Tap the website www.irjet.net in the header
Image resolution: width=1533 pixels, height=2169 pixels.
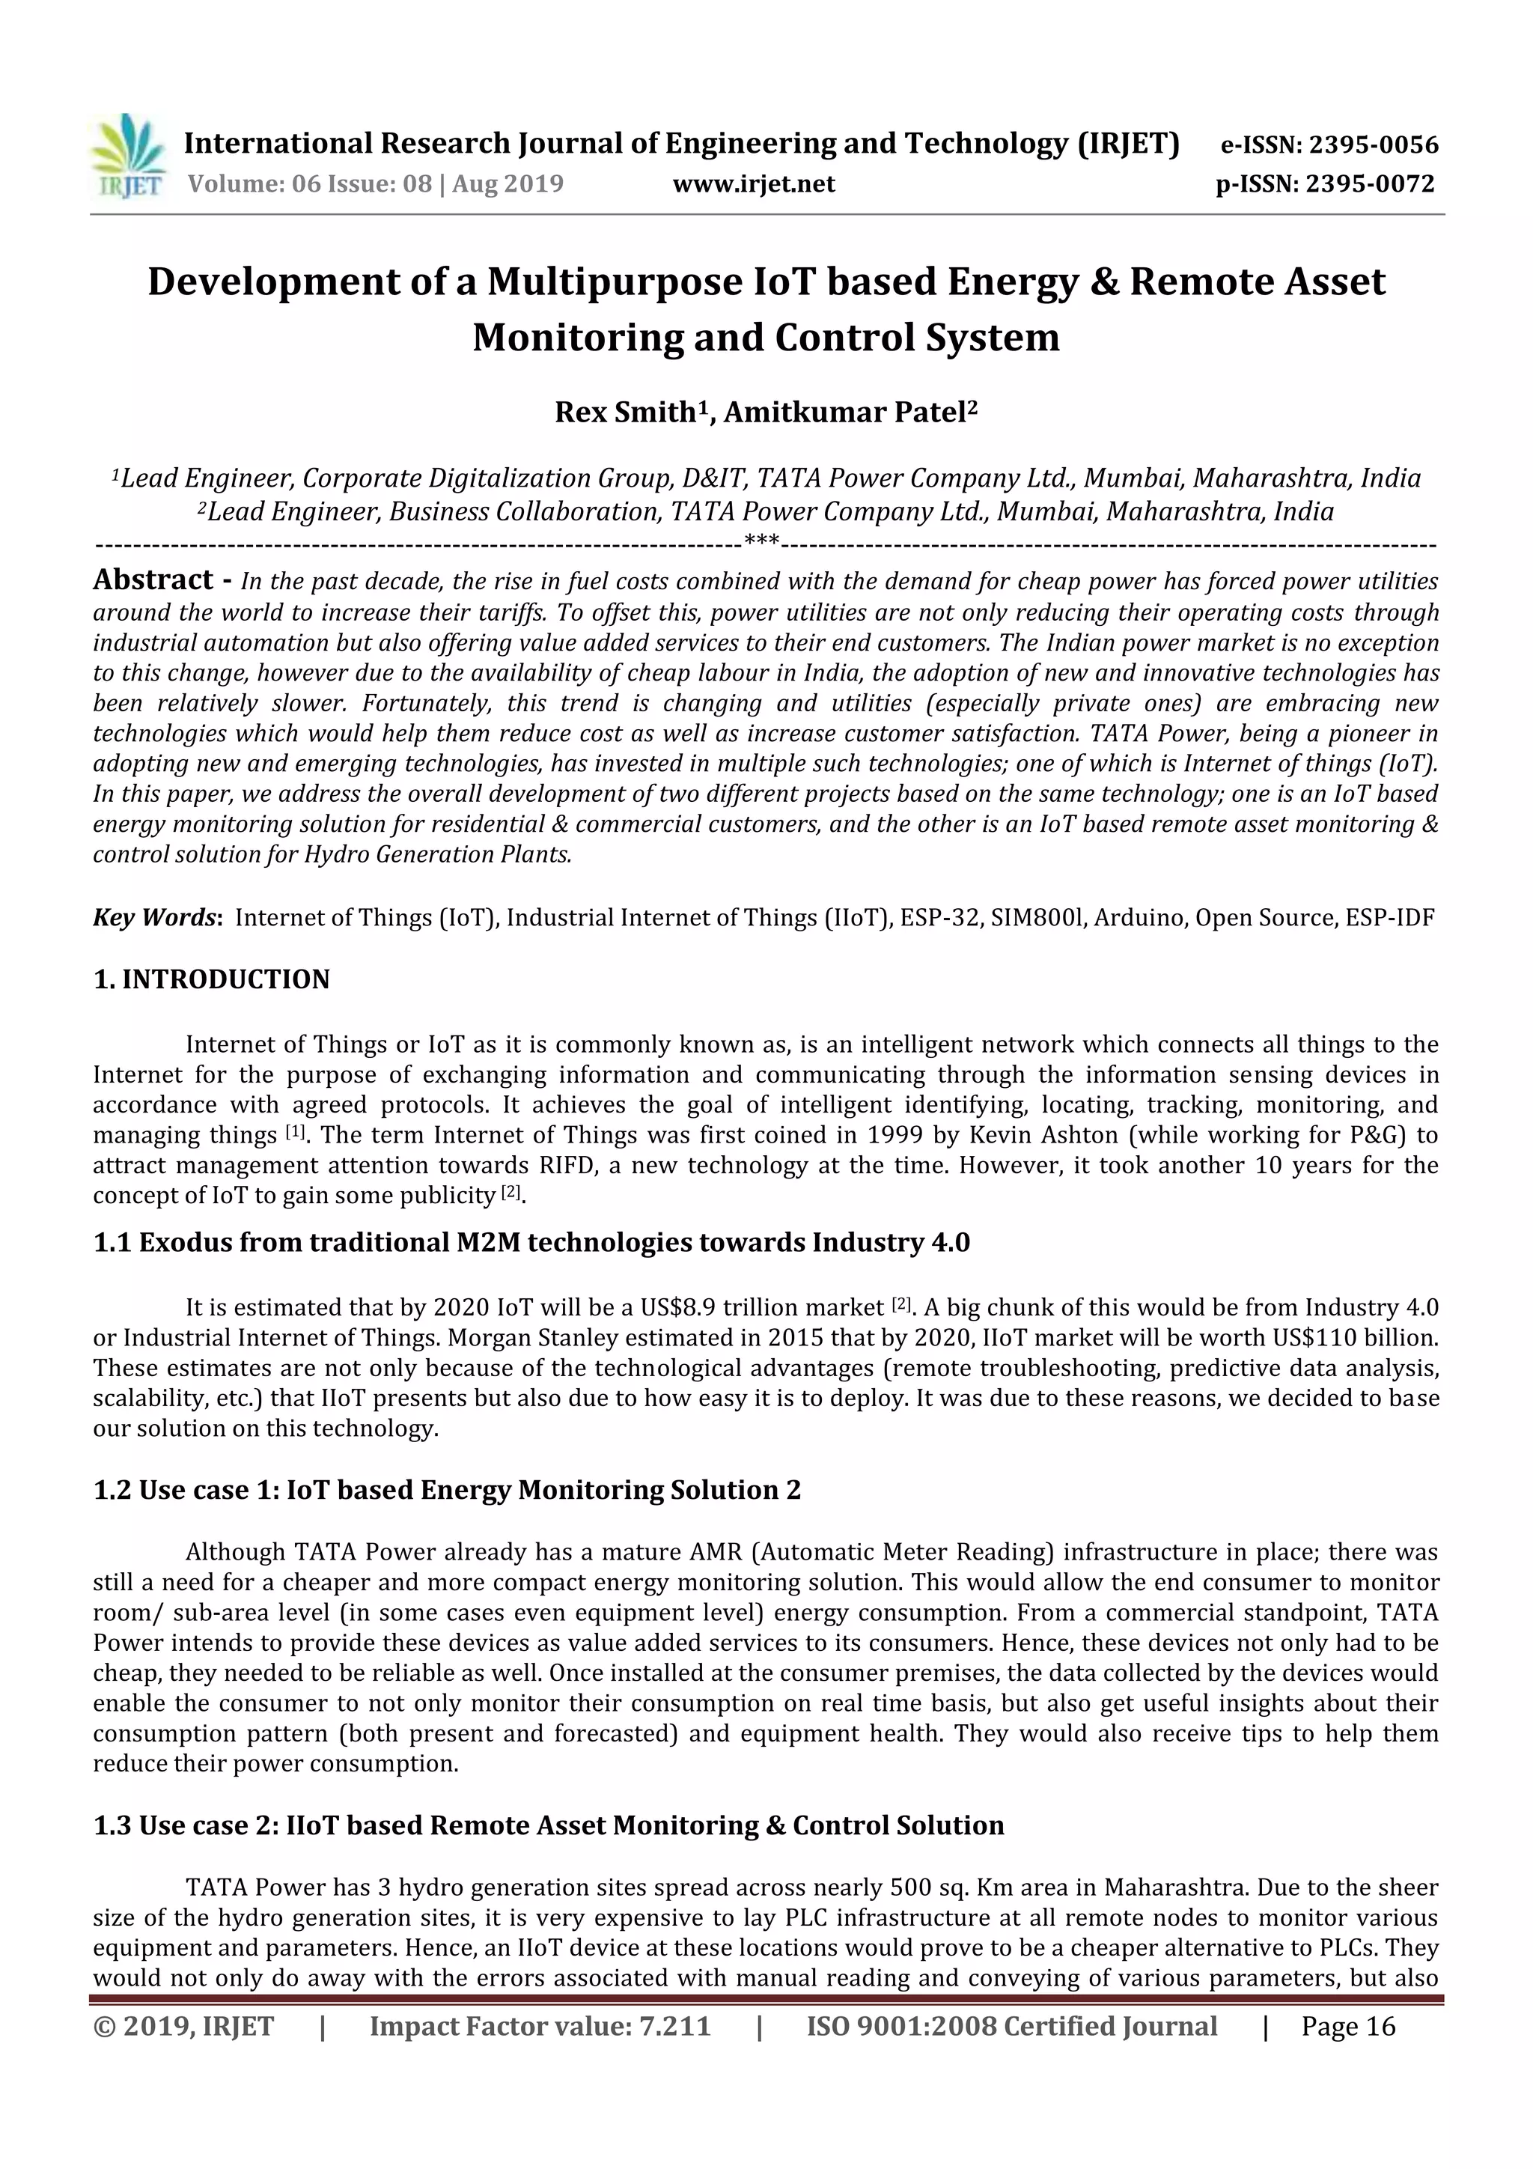click(753, 183)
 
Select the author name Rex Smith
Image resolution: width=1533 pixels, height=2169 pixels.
click(624, 413)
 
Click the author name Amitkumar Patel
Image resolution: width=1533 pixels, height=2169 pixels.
click(844, 413)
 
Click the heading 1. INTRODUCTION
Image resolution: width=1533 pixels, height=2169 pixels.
click(212, 979)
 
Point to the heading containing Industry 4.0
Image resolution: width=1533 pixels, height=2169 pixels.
click(531, 1241)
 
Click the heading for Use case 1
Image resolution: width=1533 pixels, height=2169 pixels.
click(447, 1490)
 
